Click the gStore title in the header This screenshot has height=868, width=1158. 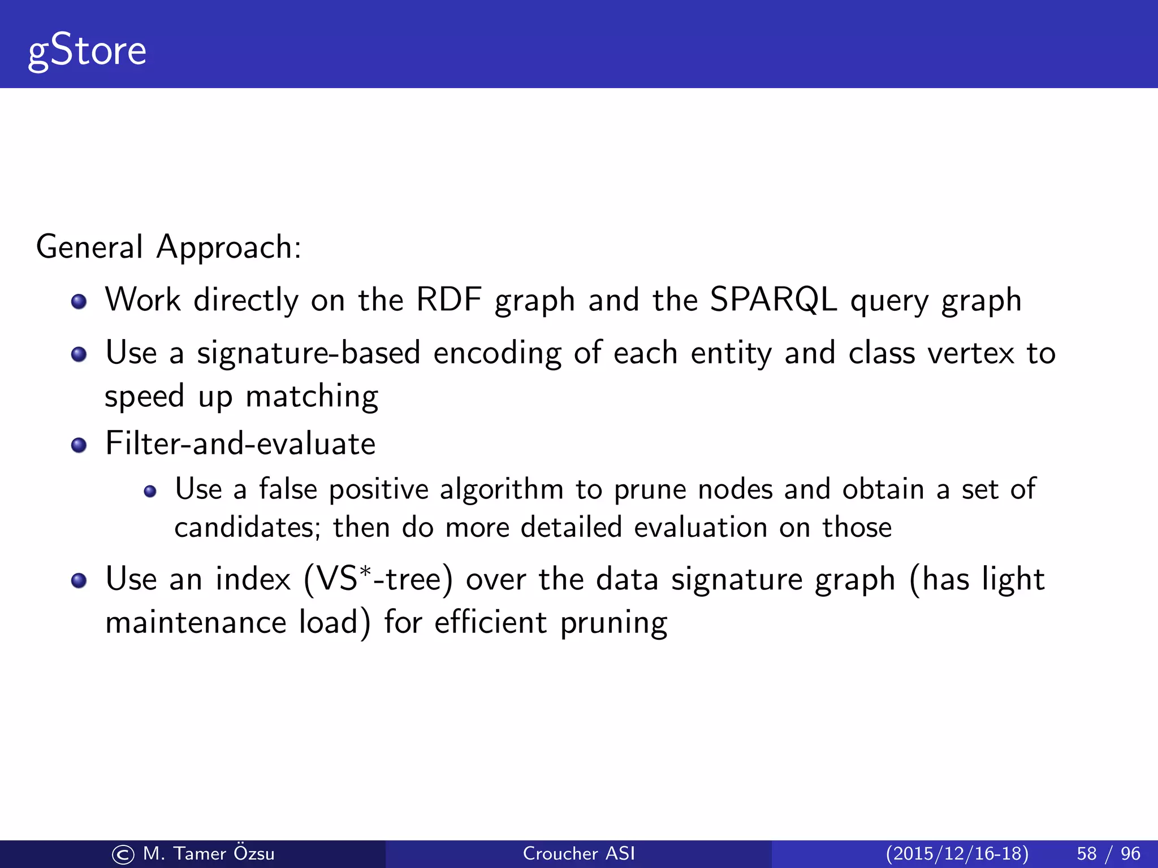(87, 51)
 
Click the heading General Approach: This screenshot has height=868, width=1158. (168, 247)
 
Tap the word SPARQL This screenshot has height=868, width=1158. (772, 300)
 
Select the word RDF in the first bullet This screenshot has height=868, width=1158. (449, 300)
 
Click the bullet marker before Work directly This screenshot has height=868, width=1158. (79, 301)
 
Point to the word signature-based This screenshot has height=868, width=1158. (308, 353)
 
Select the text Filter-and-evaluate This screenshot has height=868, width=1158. (240, 443)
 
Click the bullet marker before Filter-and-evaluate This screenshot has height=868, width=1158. (79, 445)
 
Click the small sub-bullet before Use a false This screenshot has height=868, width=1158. (150, 491)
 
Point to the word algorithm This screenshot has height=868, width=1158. (502, 489)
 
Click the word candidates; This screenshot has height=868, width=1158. (247, 527)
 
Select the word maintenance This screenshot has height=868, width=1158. (196, 623)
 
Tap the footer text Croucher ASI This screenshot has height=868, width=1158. (578, 853)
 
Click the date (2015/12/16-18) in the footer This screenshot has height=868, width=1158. (957, 853)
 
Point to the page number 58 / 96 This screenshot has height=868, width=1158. (1108, 853)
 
